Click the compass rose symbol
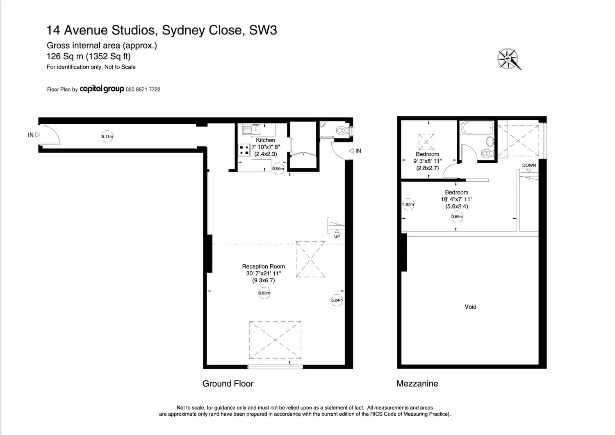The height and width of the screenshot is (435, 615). (508, 59)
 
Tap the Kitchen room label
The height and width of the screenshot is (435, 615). (265, 140)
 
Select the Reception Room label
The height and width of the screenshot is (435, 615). (263, 266)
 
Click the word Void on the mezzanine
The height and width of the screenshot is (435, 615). (470, 307)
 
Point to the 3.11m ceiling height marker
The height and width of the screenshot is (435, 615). (107, 136)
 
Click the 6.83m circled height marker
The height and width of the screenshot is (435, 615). (264, 293)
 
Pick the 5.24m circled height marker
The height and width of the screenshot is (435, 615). (337, 300)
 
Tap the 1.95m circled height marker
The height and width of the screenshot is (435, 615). (408, 204)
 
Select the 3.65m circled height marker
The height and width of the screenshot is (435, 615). (457, 217)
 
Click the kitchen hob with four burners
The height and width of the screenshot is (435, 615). (244, 150)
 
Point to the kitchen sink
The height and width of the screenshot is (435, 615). (251, 129)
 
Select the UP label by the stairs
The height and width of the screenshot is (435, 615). (337, 236)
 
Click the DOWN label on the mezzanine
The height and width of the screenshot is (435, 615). (529, 165)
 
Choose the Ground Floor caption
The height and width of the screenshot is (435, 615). (228, 383)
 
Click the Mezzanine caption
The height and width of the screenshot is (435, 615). (417, 383)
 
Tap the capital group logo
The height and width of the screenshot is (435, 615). (102, 89)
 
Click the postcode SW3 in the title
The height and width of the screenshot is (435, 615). (263, 30)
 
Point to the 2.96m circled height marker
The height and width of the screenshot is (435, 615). (278, 169)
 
